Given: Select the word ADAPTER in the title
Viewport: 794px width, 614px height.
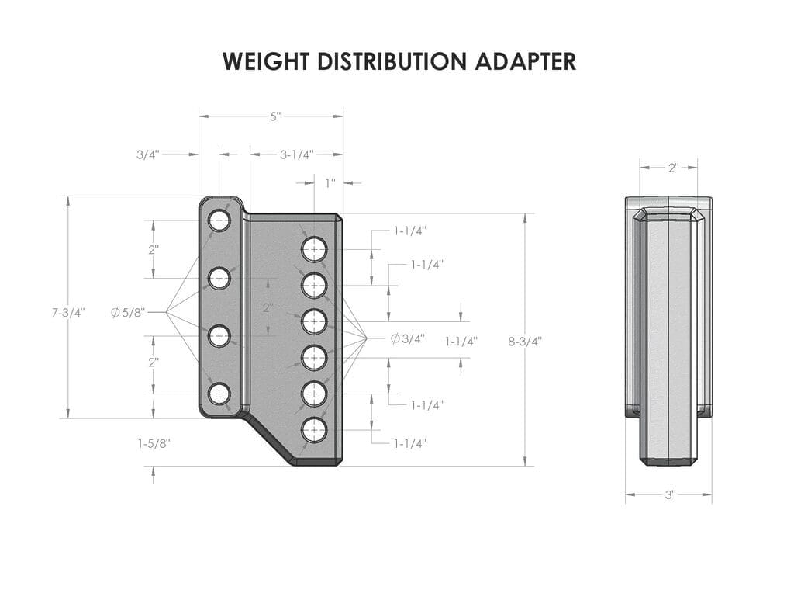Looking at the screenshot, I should tap(527, 62).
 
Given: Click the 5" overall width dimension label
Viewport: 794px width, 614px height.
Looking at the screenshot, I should tap(275, 116).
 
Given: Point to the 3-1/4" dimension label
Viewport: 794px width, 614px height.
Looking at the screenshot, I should tap(296, 154).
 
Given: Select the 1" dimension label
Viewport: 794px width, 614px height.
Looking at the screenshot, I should tap(330, 183).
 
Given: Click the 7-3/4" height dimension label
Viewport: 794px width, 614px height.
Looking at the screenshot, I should tap(68, 313).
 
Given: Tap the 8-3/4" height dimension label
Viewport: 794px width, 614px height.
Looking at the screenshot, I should tap(525, 340).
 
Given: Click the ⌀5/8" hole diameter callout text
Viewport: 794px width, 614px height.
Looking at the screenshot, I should tap(128, 312).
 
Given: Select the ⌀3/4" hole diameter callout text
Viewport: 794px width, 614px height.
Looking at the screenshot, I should tap(407, 338).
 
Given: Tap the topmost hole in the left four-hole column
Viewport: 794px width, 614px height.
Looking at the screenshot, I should tap(219, 220).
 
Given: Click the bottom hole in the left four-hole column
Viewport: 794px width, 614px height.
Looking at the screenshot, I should tap(219, 394).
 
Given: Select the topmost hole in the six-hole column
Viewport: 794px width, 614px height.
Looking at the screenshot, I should tap(314, 250).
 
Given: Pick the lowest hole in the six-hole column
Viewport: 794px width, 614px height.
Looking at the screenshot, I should tap(314, 430).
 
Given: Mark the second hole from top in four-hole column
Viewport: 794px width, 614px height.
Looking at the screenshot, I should tap(219, 278).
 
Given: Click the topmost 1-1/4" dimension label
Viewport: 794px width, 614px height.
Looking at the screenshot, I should tap(410, 231).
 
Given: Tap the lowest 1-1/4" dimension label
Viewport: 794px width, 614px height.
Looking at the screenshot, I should tap(410, 443).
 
